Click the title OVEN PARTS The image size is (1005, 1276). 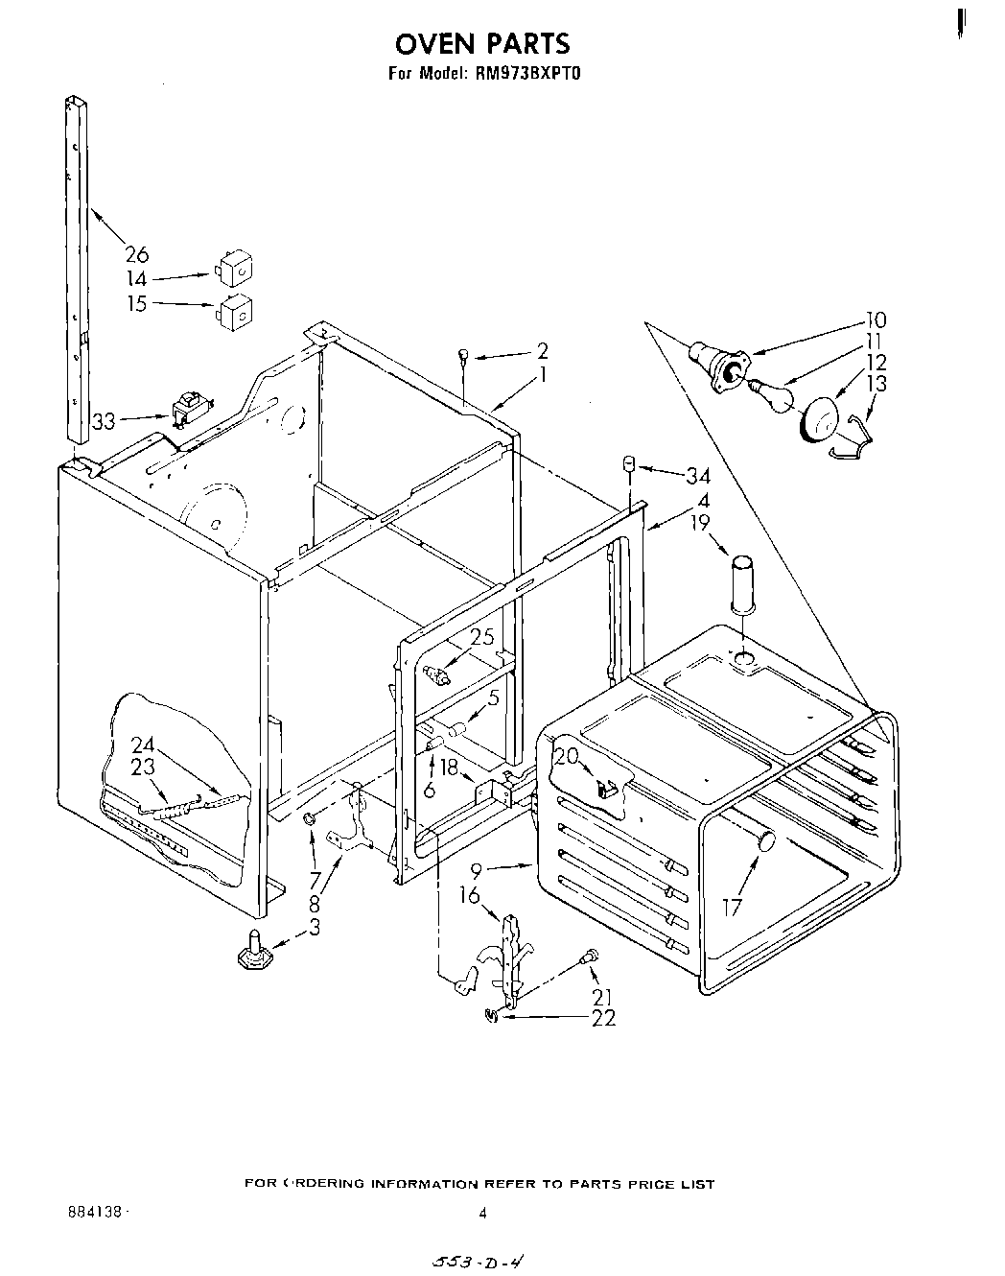(482, 43)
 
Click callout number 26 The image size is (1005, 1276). (137, 254)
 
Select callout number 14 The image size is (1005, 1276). (137, 279)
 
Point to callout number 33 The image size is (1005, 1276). (105, 419)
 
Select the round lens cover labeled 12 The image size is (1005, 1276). (820, 421)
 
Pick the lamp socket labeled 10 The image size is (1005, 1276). (720, 366)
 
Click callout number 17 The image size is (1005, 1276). (733, 905)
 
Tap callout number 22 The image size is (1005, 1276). (604, 1018)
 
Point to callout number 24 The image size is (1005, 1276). (143, 744)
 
